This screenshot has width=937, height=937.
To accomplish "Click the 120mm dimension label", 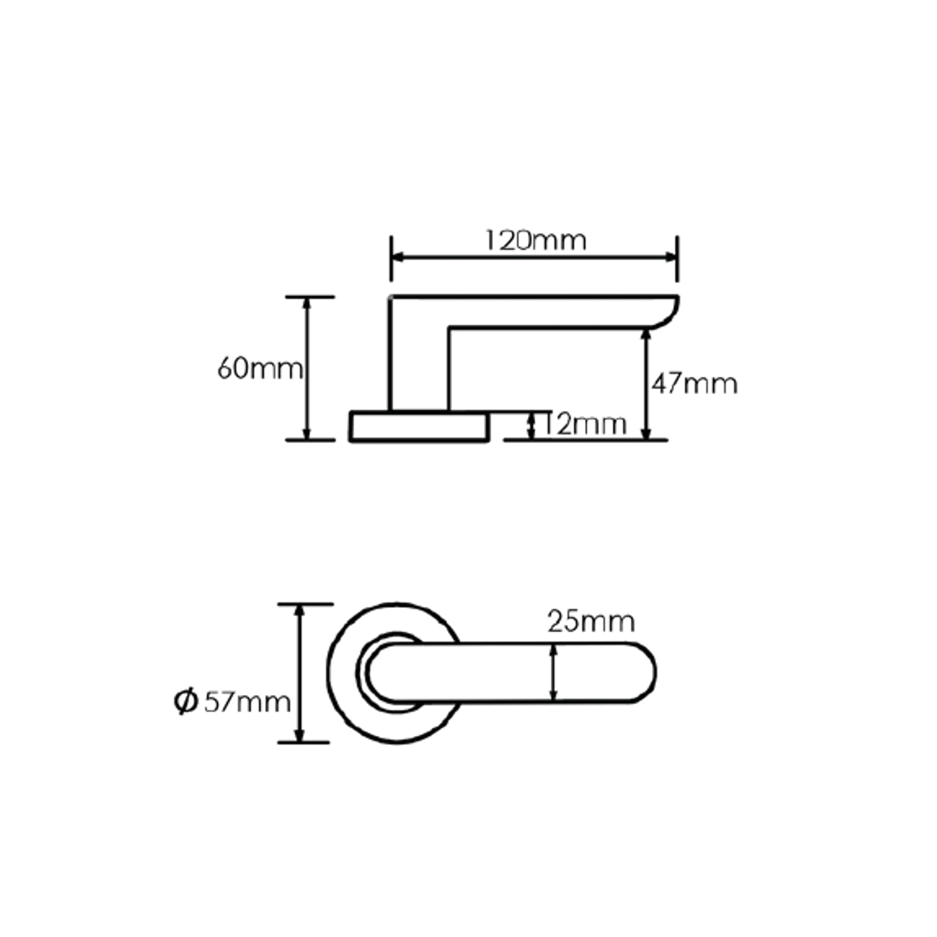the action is click(535, 240).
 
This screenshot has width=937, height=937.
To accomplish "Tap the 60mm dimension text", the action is click(260, 369).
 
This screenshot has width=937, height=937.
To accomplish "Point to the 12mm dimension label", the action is click(584, 425).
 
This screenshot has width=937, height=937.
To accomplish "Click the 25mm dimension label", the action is click(591, 622).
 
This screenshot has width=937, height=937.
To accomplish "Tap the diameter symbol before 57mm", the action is click(186, 702).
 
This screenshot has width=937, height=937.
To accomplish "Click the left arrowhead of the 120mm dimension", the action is click(398, 257).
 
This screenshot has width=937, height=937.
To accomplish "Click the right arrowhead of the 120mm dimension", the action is click(670, 257).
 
